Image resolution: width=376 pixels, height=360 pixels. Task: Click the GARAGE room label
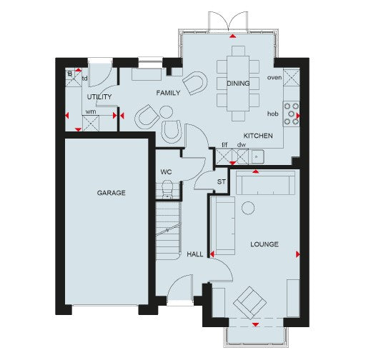coord(112,193)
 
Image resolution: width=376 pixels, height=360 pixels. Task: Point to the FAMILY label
coord(168,92)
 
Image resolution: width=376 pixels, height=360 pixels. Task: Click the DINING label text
coord(238,84)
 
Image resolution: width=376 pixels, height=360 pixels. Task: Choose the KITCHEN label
coord(257,135)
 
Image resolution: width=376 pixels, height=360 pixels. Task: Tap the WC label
coord(166,172)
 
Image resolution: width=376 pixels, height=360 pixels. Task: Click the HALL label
coord(194,254)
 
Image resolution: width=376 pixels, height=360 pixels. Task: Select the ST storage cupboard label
coord(221,183)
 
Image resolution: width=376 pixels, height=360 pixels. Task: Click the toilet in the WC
coord(167,189)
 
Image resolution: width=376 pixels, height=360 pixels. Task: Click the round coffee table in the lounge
coord(248,208)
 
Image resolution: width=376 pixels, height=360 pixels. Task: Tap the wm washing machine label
coord(90,111)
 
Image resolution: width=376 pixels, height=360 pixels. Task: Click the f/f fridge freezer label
coord(224,144)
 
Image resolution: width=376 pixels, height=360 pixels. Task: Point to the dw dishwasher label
coord(242,144)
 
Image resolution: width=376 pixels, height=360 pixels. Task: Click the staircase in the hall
coord(169,228)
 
